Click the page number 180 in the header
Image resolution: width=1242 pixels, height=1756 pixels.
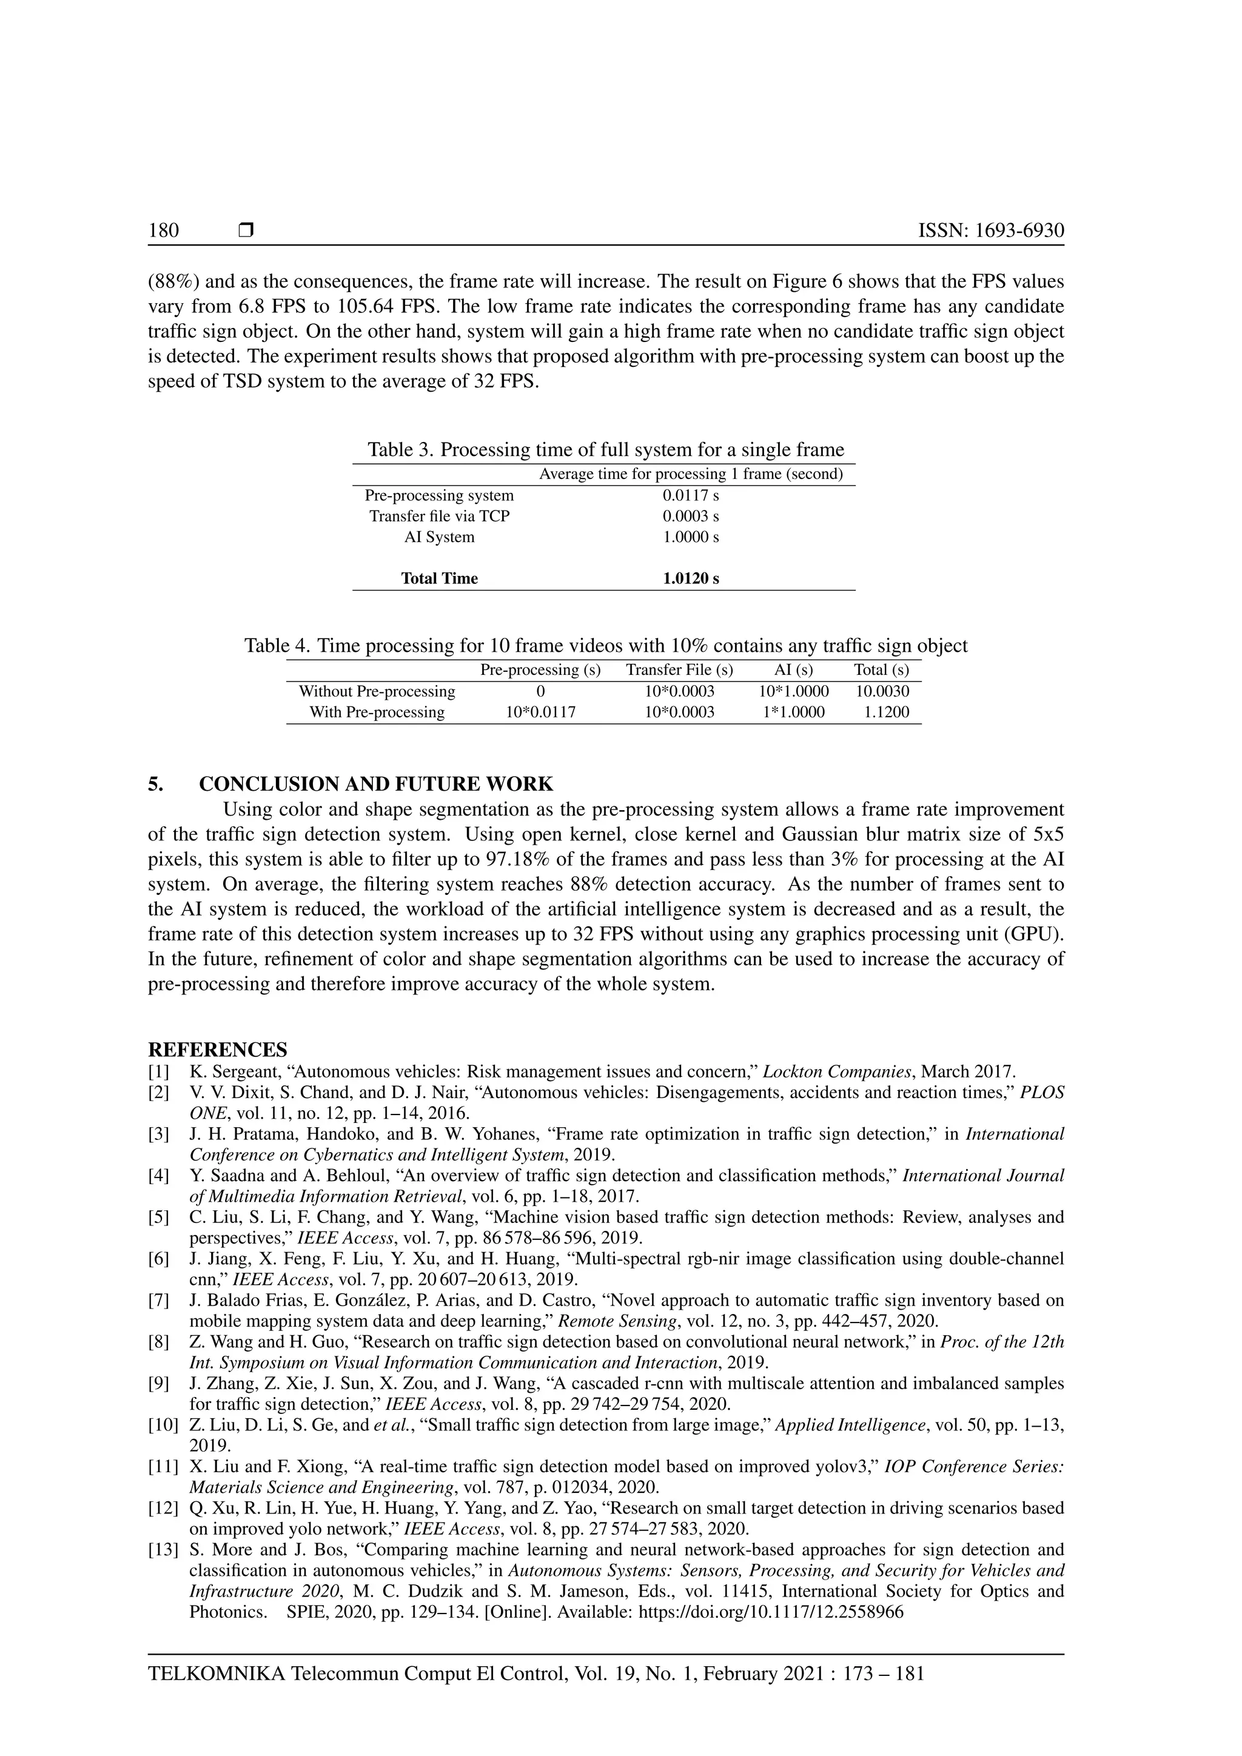coord(164,230)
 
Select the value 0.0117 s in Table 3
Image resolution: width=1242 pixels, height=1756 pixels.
coord(691,495)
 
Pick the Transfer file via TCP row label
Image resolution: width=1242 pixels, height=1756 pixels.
coord(439,516)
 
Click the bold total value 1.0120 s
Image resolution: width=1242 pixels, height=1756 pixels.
coord(691,579)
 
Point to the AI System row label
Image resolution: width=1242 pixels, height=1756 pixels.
coord(439,537)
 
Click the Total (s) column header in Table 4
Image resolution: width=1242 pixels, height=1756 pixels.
coord(881,670)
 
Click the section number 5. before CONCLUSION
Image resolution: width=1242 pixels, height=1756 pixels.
coord(155,784)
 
